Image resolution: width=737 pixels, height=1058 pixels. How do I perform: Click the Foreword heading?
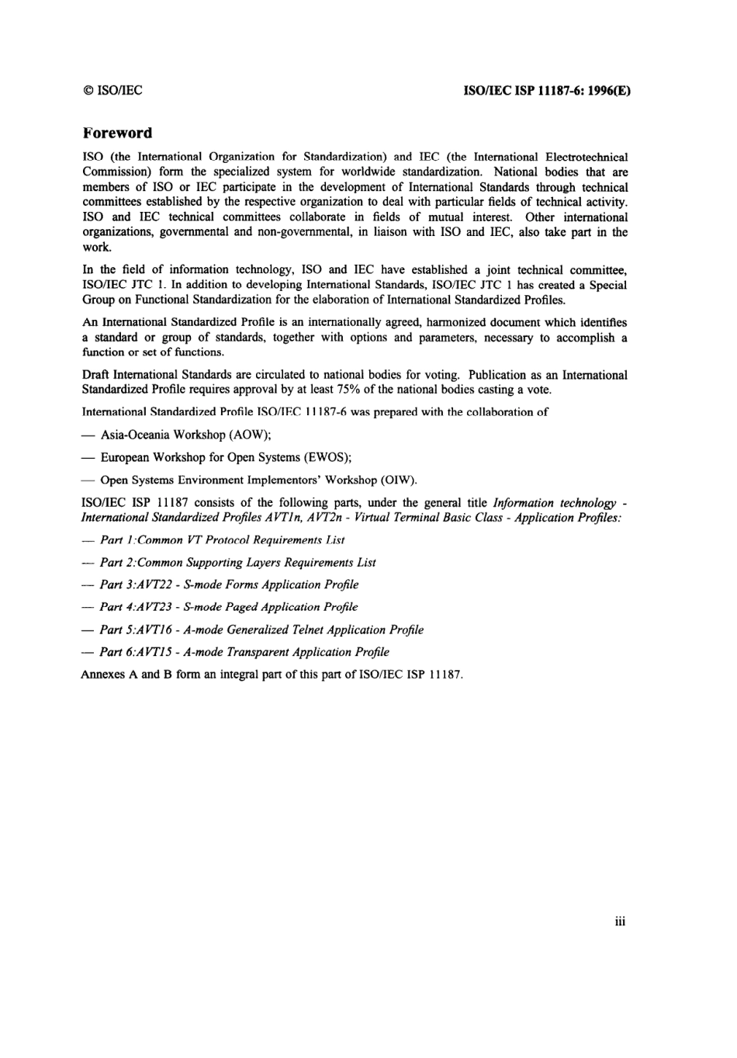click(117, 133)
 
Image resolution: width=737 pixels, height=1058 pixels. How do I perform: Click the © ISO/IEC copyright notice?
click(112, 90)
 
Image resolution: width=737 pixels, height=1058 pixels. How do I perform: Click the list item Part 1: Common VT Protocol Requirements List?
click(222, 539)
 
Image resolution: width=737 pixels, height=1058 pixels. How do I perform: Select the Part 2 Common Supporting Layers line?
click(237, 562)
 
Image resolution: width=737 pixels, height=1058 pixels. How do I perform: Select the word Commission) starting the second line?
click(112, 172)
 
